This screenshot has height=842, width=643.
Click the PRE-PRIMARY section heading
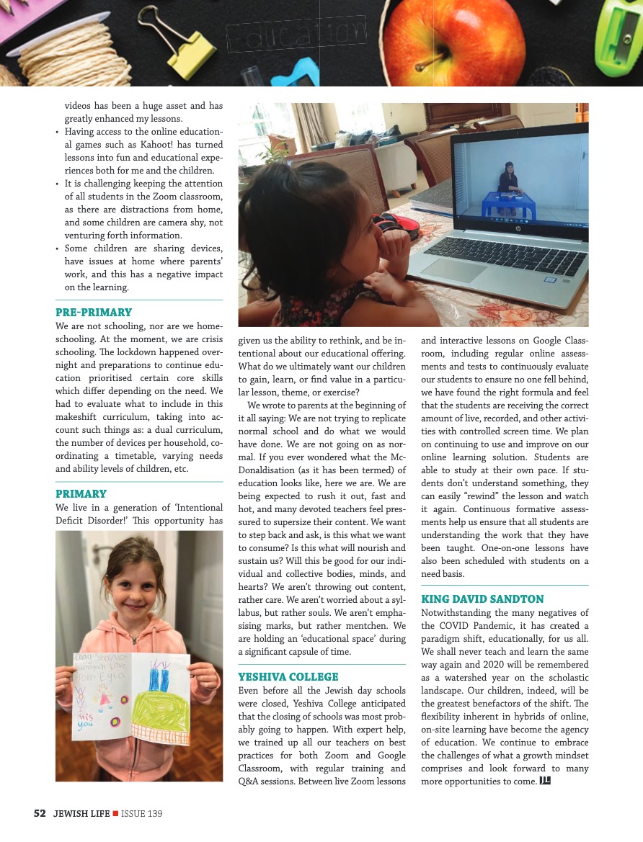[94, 313]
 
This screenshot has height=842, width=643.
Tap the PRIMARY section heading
[81, 494]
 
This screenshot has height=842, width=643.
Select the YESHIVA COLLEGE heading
[288, 677]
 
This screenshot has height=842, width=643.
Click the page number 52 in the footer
[40, 814]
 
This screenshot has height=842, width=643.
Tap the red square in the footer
[115, 814]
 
